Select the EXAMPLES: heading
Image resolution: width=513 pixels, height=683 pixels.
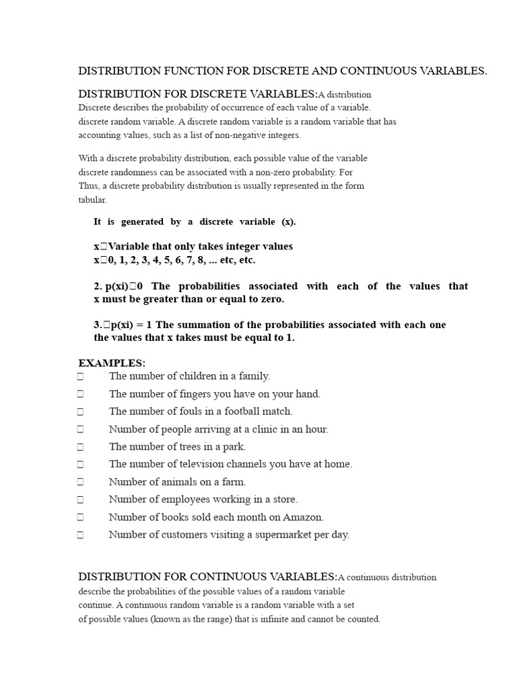(x=112, y=363)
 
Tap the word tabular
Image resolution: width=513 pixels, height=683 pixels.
(x=92, y=200)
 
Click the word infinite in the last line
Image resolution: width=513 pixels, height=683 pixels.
(x=294, y=619)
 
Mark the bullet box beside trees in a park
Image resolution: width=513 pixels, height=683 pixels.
(x=80, y=447)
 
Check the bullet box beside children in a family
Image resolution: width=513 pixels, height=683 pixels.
(x=80, y=376)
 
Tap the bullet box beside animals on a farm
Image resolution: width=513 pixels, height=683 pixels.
(x=80, y=482)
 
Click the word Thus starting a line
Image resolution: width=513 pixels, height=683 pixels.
(x=88, y=186)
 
